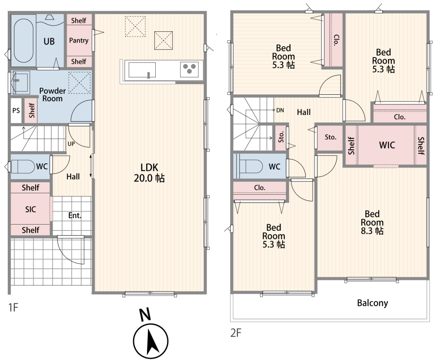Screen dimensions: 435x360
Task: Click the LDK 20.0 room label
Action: point(149,173)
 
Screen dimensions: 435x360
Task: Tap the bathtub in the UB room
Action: point(23,40)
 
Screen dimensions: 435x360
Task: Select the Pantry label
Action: point(79,40)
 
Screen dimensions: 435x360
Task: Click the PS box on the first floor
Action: point(16,111)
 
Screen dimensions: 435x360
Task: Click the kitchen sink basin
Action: point(142,70)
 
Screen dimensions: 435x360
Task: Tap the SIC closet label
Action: point(30,209)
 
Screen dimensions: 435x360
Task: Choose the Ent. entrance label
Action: point(75,215)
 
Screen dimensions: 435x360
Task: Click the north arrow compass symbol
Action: point(151,340)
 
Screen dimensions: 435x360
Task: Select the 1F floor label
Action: point(13,307)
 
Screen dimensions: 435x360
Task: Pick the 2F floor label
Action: point(236,333)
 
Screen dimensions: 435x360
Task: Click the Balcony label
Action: point(372,303)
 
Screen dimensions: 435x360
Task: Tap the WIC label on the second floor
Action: point(387,145)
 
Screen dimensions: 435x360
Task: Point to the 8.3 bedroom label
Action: point(372,222)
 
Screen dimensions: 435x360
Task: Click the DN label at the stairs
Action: point(280,110)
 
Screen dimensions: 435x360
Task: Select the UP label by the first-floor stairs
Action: point(71,144)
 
